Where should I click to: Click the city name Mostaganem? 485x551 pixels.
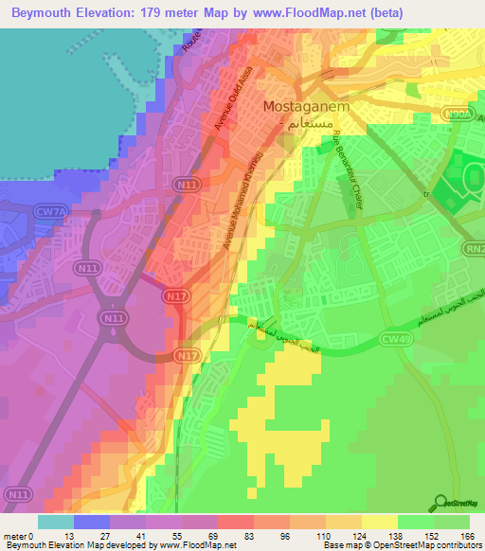click(x=306, y=107)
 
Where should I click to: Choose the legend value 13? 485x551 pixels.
click(x=92, y=537)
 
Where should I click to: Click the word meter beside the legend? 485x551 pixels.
click(x=18, y=537)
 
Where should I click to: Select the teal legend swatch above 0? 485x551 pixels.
click(x=56, y=523)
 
